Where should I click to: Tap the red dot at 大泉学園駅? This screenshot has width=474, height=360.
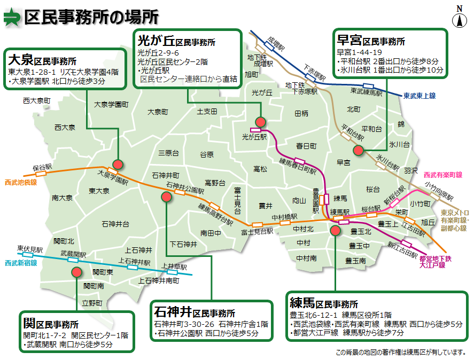click(x=118, y=165)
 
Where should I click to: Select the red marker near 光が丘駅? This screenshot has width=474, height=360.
click(x=260, y=121)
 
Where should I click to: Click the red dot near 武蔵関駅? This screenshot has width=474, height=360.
click(x=76, y=272)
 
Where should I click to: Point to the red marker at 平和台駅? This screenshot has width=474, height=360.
click(x=358, y=150)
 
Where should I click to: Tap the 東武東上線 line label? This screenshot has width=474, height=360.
click(x=419, y=96)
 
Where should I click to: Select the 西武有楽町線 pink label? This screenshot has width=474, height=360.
click(x=442, y=175)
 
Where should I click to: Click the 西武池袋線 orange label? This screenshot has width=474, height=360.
click(x=20, y=182)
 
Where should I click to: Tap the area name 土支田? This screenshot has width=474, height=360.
click(x=207, y=111)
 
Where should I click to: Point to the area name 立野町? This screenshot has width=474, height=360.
click(x=92, y=303)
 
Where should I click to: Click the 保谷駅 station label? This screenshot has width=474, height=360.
click(x=42, y=167)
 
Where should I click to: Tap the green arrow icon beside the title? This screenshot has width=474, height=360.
click(x=11, y=18)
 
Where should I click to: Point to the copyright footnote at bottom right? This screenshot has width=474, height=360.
click(x=400, y=353)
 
